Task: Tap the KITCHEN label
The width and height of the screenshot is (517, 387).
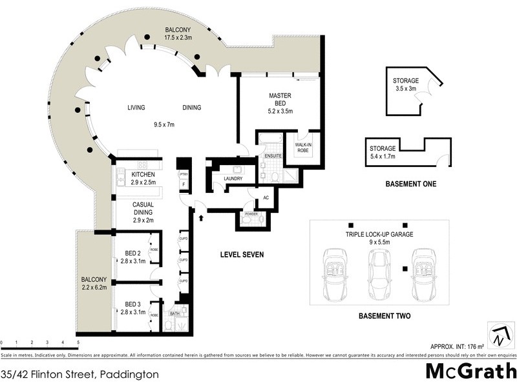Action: (143, 175)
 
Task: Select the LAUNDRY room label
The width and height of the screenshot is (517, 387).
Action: (232, 179)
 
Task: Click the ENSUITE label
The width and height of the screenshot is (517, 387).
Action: (272, 156)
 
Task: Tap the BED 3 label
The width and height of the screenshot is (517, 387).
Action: (132, 304)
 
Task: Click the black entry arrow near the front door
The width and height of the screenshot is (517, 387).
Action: (200, 218)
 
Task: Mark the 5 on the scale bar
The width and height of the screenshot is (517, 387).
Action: (78, 342)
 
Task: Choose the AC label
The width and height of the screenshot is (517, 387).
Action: (266, 198)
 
